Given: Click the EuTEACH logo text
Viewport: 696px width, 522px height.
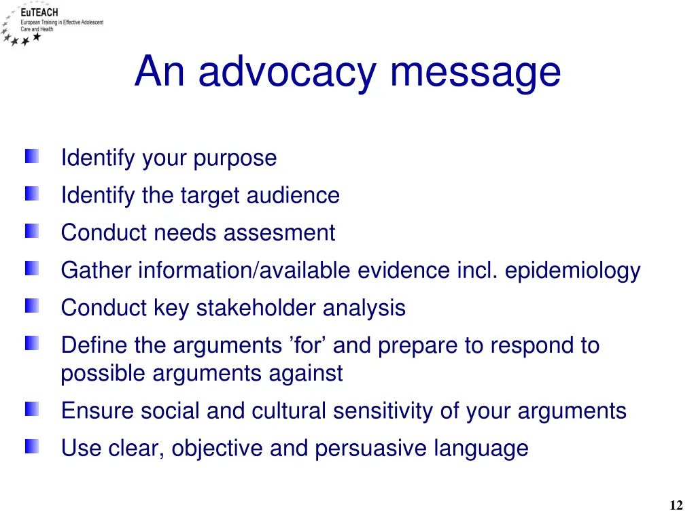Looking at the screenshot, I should (39, 12).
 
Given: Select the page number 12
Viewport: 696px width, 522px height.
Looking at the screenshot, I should (676, 505).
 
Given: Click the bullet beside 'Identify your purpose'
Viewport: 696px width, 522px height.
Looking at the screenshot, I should (33, 157).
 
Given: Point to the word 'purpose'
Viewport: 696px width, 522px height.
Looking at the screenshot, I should (235, 158).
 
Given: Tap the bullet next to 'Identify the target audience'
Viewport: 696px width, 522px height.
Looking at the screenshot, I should (33, 194).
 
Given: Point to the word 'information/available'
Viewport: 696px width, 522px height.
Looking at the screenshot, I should (245, 271).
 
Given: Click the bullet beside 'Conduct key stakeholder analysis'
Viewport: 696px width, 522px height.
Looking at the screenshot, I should (33, 307).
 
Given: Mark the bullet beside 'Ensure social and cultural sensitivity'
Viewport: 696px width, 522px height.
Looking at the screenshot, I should (33, 409).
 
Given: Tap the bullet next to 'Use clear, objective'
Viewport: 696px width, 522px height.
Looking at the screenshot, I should (33, 447).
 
